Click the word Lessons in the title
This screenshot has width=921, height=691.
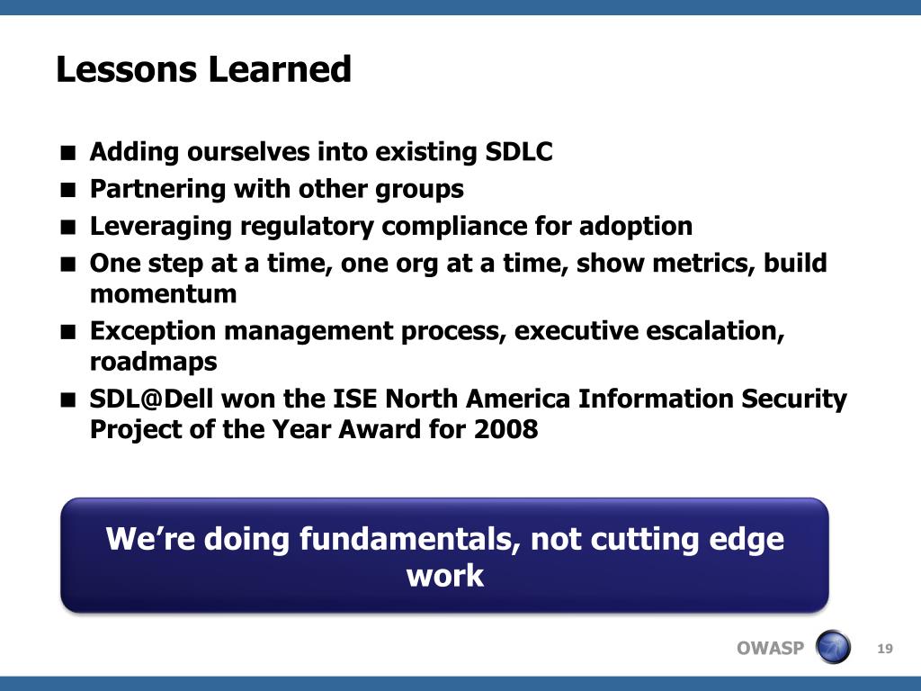(126, 69)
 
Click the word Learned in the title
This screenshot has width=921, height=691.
(280, 69)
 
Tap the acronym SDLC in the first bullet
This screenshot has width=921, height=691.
(519, 151)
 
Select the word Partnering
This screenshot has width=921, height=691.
(157, 190)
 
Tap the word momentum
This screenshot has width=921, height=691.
(164, 294)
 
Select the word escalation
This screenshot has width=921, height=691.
(715, 331)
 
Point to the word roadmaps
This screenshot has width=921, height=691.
(153, 362)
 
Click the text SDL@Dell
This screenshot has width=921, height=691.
(151, 399)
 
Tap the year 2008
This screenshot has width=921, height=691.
(505, 429)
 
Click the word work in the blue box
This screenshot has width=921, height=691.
(445, 575)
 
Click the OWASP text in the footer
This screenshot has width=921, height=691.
(770, 648)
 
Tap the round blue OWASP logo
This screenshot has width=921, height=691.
(833, 647)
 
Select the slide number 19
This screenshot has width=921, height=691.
(885, 649)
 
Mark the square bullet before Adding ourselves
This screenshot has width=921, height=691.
(68, 153)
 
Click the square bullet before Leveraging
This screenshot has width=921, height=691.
(68, 228)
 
